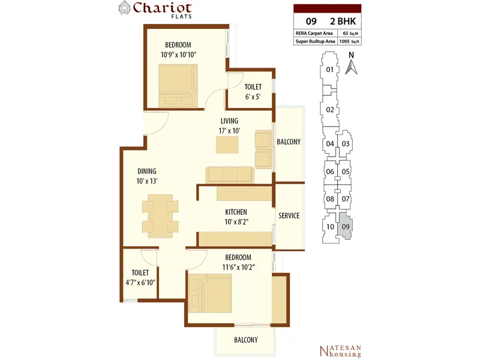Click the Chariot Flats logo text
pos(162,10)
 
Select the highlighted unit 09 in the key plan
pos(346,227)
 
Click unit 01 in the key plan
pos(329,70)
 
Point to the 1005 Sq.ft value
pos(349,41)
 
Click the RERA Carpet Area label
pos(314,34)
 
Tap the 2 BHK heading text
pos(343,21)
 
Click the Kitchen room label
pos(236,212)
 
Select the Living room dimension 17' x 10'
pos(229,131)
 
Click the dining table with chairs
pos(160,216)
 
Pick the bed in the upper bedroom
pos(178,86)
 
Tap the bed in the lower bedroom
pos(209,293)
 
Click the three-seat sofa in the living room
pos(230,175)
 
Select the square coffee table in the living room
pos(227,145)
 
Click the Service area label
pos(289,216)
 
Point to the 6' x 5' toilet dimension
pos(253,97)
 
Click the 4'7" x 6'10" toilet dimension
pos(140,282)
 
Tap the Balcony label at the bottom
pos(246,340)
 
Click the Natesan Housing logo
pos(340,351)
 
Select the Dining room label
pos(147,171)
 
